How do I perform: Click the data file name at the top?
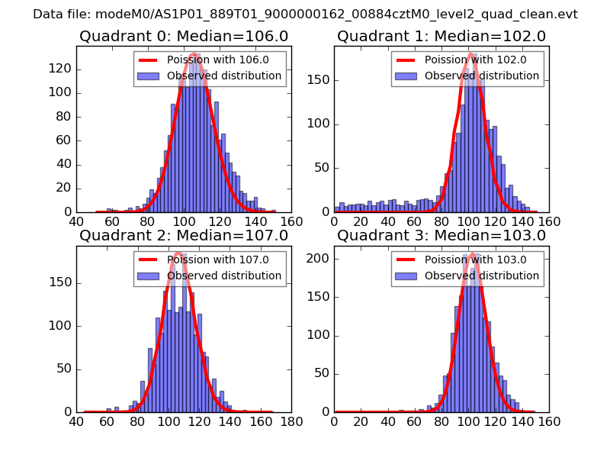point(305,15)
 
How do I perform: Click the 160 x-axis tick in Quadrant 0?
point(291,221)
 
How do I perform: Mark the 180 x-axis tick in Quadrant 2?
point(291,421)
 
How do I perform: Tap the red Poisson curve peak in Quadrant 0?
point(194,54)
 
